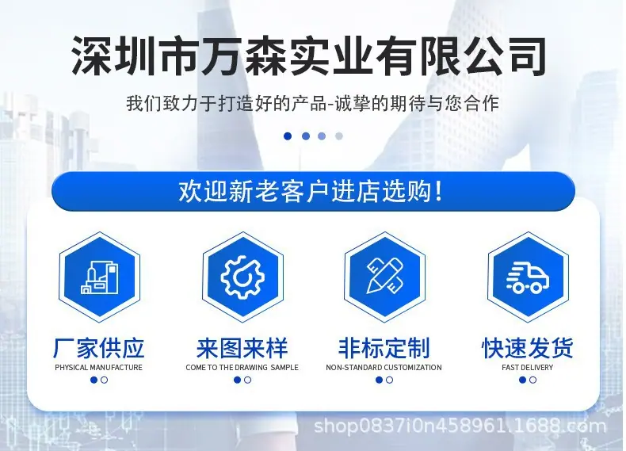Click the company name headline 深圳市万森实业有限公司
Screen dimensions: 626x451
[x=309, y=56]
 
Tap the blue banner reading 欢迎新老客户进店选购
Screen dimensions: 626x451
[x=313, y=191]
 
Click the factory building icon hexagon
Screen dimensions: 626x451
[x=99, y=277]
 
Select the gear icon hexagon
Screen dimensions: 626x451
[x=242, y=277]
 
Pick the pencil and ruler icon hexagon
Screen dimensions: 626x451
[x=385, y=277]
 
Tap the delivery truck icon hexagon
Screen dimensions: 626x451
[x=529, y=277]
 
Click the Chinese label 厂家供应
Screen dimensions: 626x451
[x=98, y=348]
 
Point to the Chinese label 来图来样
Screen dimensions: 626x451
[x=242, y=348]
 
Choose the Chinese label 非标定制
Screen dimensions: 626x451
[x=384, y=348]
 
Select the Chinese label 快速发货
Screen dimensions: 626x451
[x=528, y=348]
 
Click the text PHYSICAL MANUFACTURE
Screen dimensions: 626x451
[x=98, y=368]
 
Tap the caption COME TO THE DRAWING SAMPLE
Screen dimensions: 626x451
[x=242, y=368]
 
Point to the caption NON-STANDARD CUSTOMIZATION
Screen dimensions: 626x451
[x=384, y=368]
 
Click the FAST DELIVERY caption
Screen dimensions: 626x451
[x=528, y=368]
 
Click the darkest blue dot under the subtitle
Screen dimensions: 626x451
[x=288, y=136]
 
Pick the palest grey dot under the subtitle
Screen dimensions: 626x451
[x=339, y=136]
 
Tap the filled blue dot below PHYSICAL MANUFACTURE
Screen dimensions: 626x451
[x=94, y=380]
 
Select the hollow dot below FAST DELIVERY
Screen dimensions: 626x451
[x=533, y=380]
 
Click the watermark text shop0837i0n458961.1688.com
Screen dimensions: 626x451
[x=460, y=426]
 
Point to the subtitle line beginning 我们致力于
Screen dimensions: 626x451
[x=312, y=103]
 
